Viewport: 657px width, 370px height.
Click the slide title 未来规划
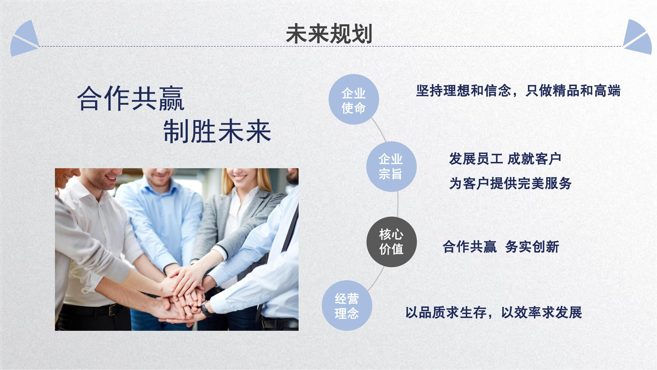[329, 34]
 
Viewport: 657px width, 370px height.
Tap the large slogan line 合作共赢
[131, 98]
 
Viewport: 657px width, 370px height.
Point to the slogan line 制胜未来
[217, 131]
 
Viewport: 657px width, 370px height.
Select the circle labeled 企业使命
[354, 99]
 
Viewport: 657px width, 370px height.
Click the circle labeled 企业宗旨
[391, 166]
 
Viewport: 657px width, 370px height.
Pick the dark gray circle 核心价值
[391, 242]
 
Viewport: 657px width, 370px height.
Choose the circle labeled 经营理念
[347, 305]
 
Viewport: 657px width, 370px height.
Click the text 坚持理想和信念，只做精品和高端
[518, 91]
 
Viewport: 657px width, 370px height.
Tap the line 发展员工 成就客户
[505, 159]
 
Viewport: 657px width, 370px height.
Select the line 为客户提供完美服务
[510, 183]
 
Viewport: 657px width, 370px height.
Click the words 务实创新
[532, 247]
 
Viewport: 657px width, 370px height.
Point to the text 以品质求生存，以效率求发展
[494, 312]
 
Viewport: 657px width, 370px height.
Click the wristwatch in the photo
[205, 309]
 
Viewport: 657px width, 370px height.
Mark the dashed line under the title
[331, 46]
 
